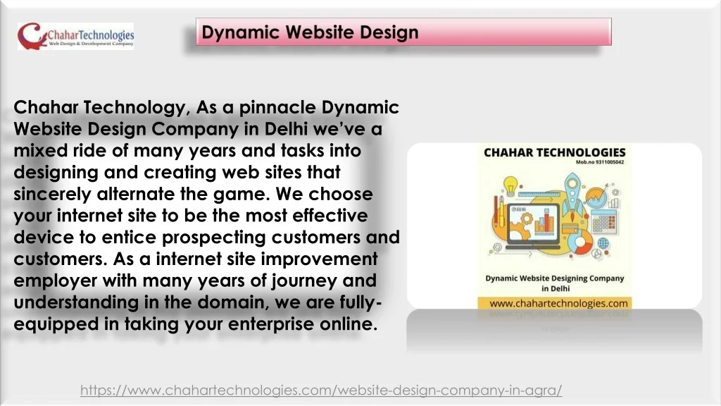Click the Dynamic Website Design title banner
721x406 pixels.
[x=403, y=32]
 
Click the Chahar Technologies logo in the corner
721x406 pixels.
[x=76, y=37]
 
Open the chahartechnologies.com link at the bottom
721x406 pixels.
[x=321, y=390]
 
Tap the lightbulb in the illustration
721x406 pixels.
[x=510, y=185]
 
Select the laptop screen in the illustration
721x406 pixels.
[x=533, y=223]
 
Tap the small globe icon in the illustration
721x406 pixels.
[x=603, y=242]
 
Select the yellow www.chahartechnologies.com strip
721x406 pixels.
[x=555, y=303]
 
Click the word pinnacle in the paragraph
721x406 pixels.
[x=277, y=107]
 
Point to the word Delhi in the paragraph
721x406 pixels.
[x=286, y=128]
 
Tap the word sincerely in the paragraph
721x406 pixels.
[x=52, y=194]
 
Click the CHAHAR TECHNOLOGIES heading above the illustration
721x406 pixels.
[x=555, y=152]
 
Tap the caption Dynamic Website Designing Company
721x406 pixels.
[x=555, y=278]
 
